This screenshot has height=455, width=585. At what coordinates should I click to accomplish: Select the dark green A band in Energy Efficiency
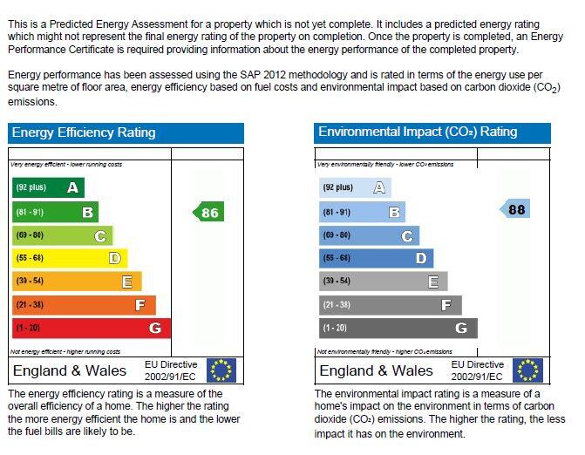(x=48, y=187)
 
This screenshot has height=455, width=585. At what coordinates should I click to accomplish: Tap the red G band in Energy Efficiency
(x=91, y=329)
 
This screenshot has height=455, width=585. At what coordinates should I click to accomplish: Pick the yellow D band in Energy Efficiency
(x=70, y=258)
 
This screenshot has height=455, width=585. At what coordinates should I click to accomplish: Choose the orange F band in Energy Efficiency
(x=84, y=305)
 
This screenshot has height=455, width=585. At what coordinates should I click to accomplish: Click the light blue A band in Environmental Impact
(x=355, y=187)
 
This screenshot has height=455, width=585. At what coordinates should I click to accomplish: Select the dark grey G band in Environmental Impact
(x=398, y=329)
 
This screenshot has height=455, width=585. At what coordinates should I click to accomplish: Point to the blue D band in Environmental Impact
(x=376, y=258)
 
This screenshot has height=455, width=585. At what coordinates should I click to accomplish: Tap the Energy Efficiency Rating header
(x=83, y=132)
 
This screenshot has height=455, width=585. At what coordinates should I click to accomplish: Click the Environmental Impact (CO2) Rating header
(x=418, y=132)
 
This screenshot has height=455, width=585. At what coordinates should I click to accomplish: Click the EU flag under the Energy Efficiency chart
(x=221, y=370)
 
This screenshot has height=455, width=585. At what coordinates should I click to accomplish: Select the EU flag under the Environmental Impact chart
(x=528, y=370)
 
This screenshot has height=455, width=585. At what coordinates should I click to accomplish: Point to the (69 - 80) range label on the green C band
(x=30, y=235)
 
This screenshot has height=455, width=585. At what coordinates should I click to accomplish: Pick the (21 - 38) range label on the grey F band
(x=337, y=305)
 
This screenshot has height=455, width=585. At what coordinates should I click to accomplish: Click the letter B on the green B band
(x=87, y=212)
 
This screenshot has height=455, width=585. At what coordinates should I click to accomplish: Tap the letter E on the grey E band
(x=433, y=282)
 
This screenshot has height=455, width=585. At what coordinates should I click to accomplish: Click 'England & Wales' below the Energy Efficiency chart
(x=70, y=371)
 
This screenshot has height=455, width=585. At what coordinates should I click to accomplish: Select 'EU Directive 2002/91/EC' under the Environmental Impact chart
(x=477, y=370)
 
